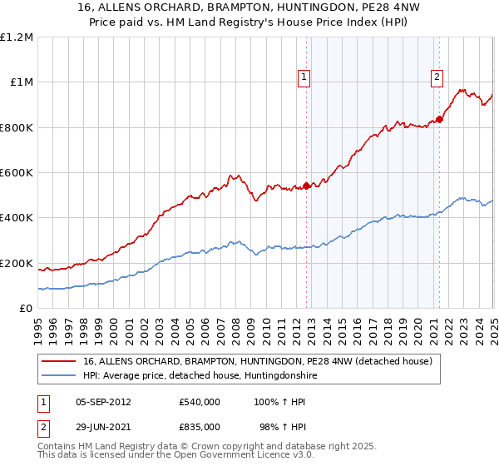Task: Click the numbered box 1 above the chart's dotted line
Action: [304, 77]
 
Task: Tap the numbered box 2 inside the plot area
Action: [437, 77]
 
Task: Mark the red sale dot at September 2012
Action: [306, 186]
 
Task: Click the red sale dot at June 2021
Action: [440, 119]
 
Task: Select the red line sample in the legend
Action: [58, 362]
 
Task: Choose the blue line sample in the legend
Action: [58, 376]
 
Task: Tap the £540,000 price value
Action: [200, 402]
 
